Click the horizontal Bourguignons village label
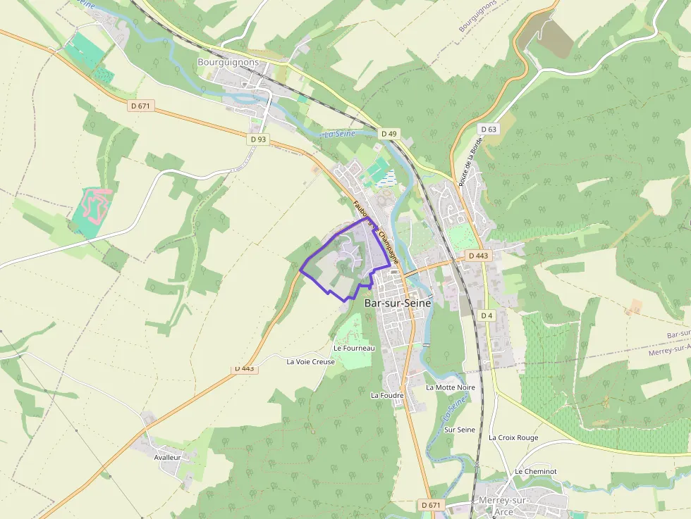[228, 62]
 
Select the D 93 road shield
[258, 139]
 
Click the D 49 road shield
[389, 133]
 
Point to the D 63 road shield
[488, 129]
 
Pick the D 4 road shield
[487, 315]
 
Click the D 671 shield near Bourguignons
[141, 106]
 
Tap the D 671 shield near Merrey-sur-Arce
[431, 505]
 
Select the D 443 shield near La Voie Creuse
[244, 368]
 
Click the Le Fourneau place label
[354, 348]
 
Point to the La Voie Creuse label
[311, 361]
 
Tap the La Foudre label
[387, 395]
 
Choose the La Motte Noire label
[451, 387]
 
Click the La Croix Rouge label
[513, 437]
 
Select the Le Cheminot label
[535, 471]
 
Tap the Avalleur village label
[168, 457]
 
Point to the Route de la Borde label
[471, 161]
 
